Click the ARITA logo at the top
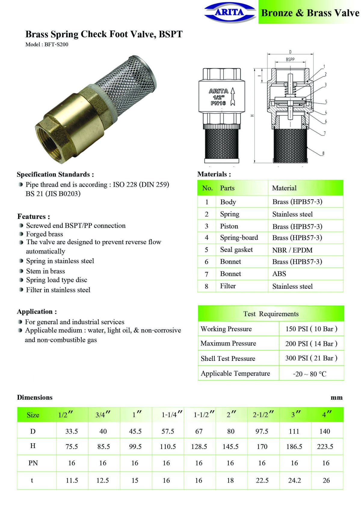point(229,12)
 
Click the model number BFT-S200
point(56,45)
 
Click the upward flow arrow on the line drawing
point(233,96)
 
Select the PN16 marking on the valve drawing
point(218,103)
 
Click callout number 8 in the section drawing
point(323,153)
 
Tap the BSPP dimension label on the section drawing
point(290,60)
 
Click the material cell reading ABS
point(279,274)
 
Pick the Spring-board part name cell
point(239,238)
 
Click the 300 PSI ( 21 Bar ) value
point(311,358)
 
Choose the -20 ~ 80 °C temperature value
point(310,374)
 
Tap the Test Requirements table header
point(271,314)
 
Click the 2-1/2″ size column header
point(263,415)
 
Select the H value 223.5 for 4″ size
point(325,447)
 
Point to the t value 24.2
point(294,480)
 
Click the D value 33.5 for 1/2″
point(72,431)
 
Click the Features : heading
point(34,217)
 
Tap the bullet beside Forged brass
point(21,234)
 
